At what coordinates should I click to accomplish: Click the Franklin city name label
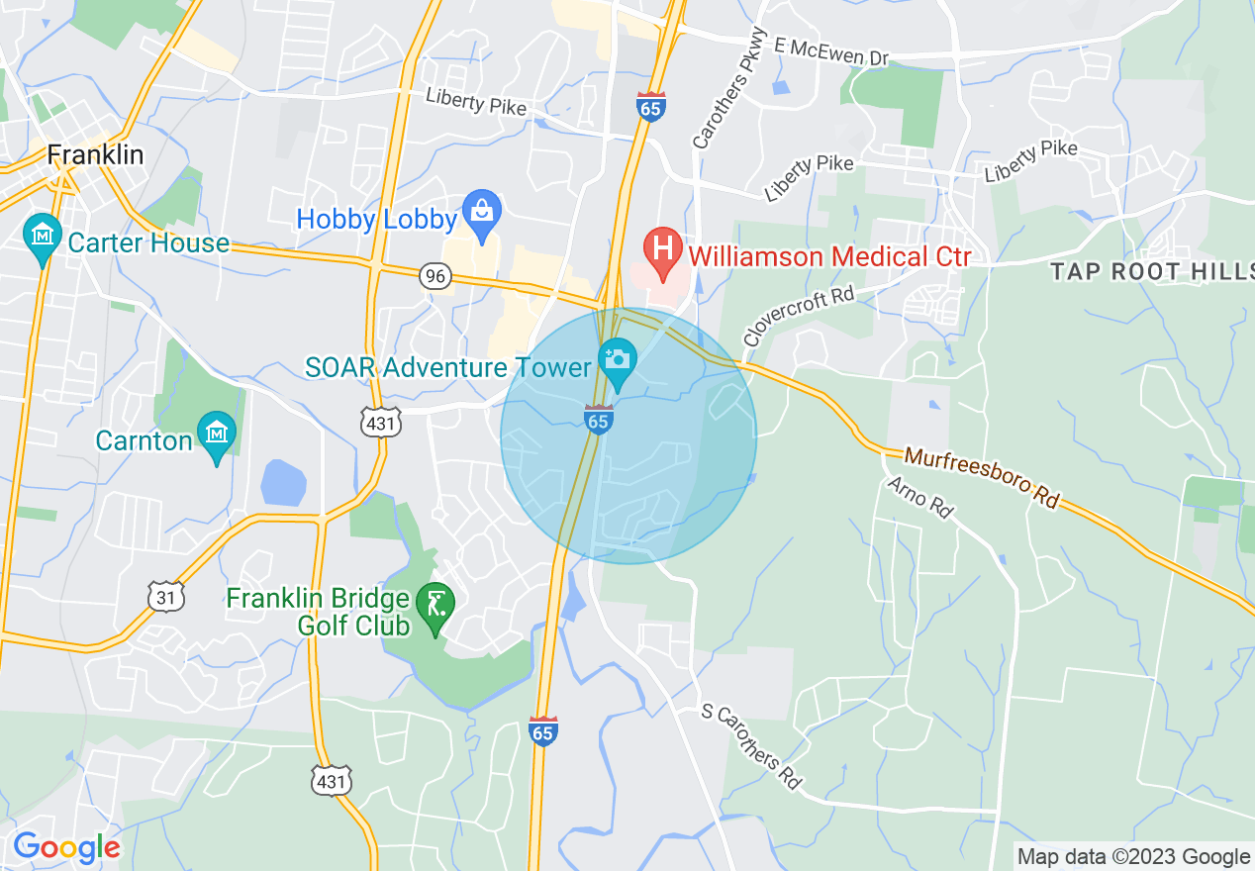click(x=95, y=155)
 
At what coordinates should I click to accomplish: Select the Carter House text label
click(x=147, y=242)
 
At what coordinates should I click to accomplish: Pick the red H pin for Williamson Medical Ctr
click(x=661, y=249)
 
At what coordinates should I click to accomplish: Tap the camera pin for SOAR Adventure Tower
click(x=618, y=361)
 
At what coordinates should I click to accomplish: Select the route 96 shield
click(x=434, y=275)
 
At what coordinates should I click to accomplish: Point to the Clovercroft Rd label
click(x=799, y=317)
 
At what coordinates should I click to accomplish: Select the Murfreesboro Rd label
click(x=981, y=479)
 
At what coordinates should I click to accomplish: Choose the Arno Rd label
click(x=918, y=498)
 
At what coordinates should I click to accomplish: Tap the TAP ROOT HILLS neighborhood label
click(x=1144, y=271)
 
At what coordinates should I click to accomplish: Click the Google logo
click(x=66, y=847)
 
